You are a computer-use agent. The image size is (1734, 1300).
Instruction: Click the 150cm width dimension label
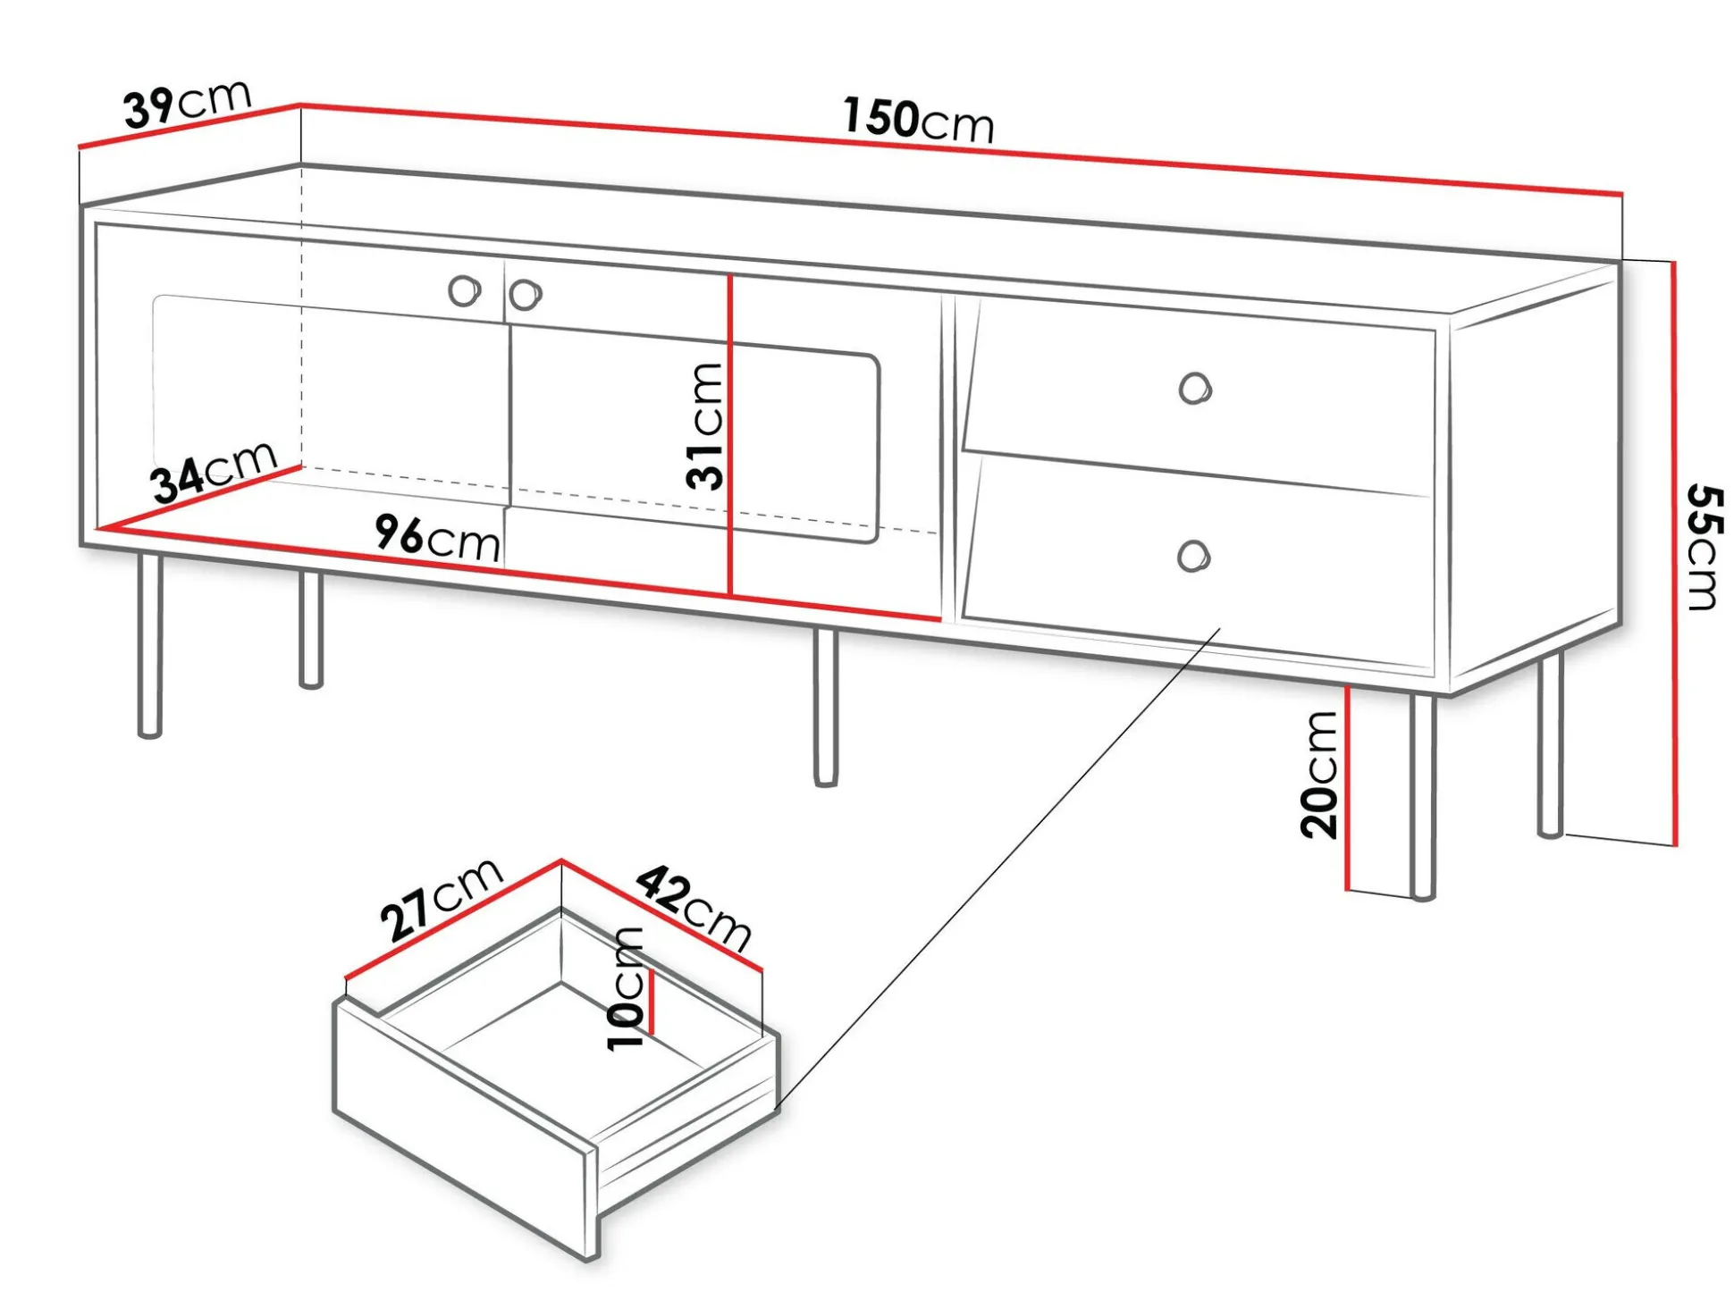tap(918, 120)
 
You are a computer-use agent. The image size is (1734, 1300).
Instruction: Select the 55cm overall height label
tap(1703, 548)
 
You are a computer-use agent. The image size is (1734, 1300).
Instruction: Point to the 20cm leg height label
tap(1319, 775)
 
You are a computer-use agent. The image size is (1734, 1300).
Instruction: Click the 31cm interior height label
tap(705, 427)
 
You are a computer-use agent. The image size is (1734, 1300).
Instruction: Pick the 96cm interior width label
tap(437, 538)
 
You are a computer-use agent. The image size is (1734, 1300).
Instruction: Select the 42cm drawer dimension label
tap(694, 908)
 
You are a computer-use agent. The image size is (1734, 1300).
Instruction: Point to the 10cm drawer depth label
tap(626, 988)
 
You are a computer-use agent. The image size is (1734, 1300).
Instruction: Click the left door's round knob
tap(464, 290)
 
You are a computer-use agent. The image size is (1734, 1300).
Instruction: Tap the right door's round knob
tap(525, 294)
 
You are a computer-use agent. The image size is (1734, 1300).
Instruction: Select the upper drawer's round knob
tap(1194, 389)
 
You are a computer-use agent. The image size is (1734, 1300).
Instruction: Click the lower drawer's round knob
tap(1192, 556)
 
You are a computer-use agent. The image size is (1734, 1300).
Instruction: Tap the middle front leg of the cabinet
tap(826, 706)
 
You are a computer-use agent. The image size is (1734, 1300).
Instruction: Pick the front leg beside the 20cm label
tap(1422, 795)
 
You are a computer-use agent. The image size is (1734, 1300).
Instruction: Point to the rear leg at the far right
tap(1551, 746)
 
